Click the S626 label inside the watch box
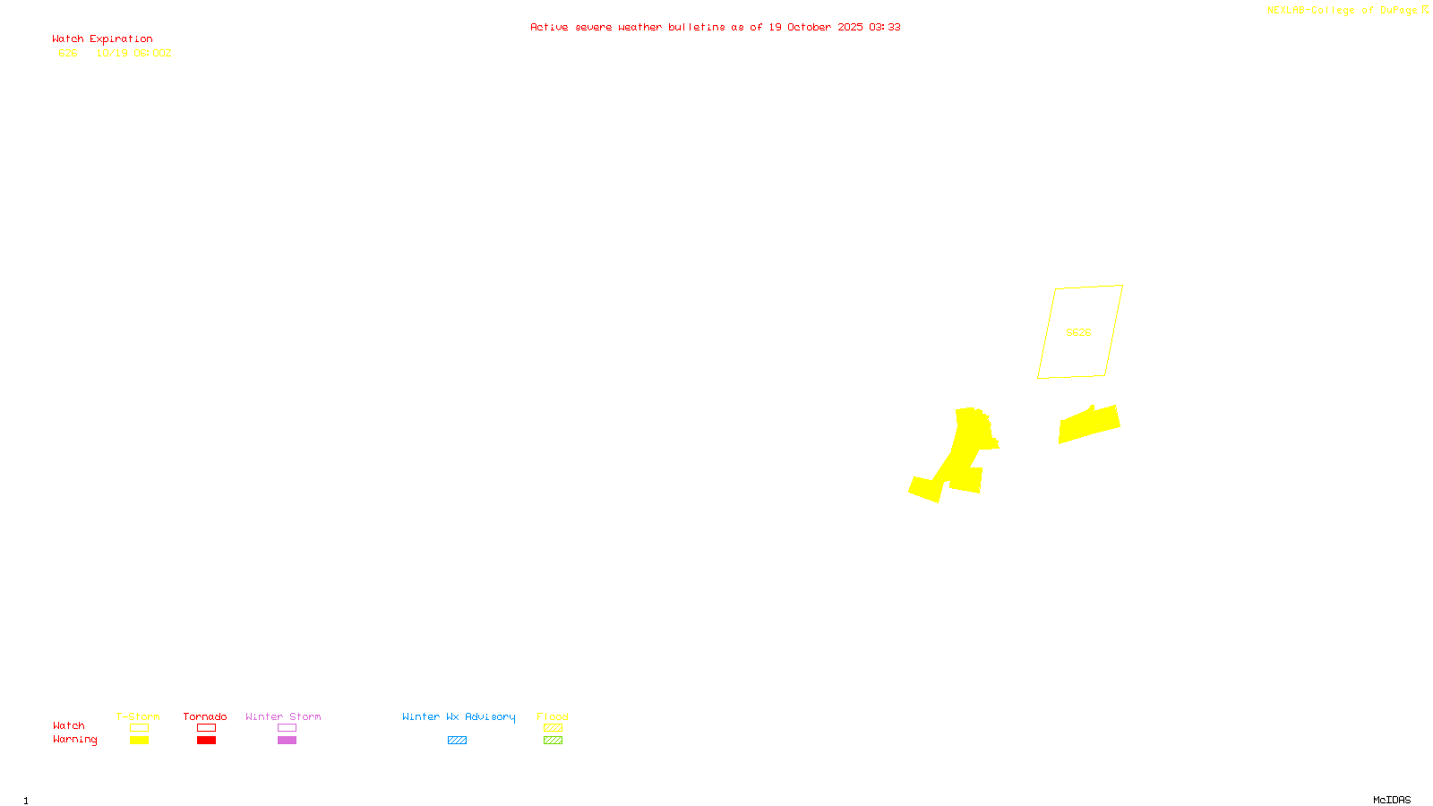click(x=1078, y=332)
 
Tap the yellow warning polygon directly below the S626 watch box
click(x=1089, y=424)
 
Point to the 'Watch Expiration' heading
click(x=102, y=39)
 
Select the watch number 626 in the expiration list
click(x=68, y=54)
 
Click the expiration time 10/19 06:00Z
click(x=133, y=54)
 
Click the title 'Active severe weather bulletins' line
click(x=715, y=28)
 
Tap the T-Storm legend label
click(x=138, y=716)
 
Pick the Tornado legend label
click(x=205, y=716)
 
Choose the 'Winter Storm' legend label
click(x=283, y=716)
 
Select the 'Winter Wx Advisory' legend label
click(x=459, y=716)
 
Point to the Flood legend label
click(x=553, y=716)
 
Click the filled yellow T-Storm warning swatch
click(x=139, y=741)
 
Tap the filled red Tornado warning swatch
click(x=206, y=741)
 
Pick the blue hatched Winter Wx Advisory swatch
click(x=457, y=741)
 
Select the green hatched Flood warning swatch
click(x=553, y=741)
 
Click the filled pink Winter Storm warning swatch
click(x=287, y=741)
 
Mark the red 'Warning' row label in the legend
click(x=74, y=740)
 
